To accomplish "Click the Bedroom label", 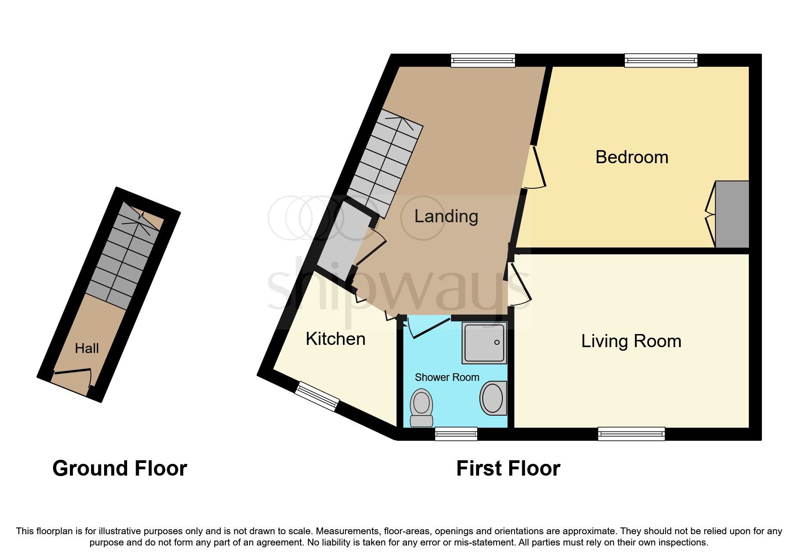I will click(631, 157).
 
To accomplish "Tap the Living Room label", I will click(631, 341).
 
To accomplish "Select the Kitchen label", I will click(335, 339).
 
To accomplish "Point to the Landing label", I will click(446, 216).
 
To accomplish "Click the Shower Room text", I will click(447, 377).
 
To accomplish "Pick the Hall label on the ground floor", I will click(87, 348).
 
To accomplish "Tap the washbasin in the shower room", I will click(493, 399).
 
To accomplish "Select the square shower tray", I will click(484, 343).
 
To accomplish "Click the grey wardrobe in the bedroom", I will click(732, 214).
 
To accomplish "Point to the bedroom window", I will click(661, 60).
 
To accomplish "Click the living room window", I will click(631, 434).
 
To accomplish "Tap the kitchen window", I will click(317, 397).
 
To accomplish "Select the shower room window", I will click(456, 434).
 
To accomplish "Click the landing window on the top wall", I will click(483, 60).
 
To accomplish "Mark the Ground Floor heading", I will click(119, 468).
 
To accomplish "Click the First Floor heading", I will click(508, 468).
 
